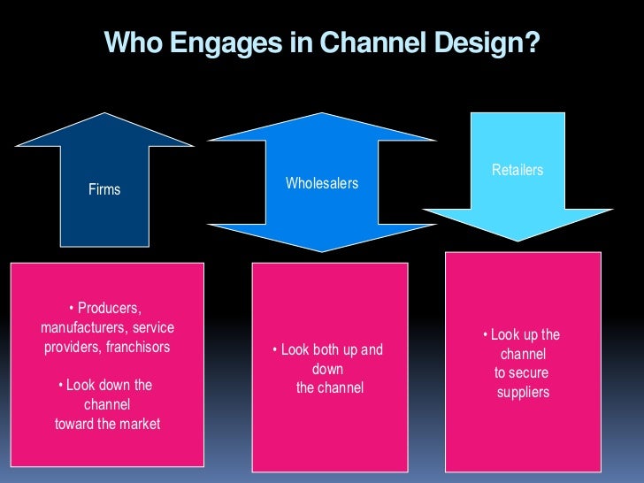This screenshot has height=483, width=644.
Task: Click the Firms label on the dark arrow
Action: pos(104,189)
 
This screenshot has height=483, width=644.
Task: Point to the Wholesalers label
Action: pos(322,183)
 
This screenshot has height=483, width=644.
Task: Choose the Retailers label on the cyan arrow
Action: pos(517,170)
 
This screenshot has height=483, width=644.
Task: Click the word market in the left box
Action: pos(138,424)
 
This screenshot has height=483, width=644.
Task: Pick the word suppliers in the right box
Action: pos(523,392)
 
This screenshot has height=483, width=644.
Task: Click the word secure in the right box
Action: pos(530,373)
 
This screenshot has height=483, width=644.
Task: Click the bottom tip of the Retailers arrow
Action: pos(517,241)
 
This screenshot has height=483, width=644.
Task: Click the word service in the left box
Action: pos(153,328)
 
